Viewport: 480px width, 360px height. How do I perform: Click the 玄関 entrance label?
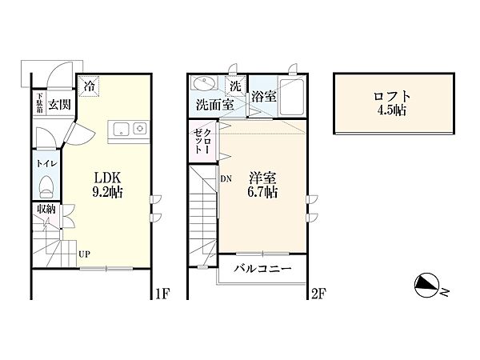click(x=59, y=105)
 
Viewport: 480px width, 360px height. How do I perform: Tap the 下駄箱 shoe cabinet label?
click(x=39, y=103)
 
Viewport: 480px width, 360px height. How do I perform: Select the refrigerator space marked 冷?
click(x=89, y=86)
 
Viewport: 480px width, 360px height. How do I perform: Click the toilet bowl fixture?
click(x=46, y=186)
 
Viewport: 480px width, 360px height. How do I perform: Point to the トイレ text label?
click(x=46, y=163)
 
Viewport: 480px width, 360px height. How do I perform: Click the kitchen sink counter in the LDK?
click(x=129, y=132)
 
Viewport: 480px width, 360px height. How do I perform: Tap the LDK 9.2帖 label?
click(x=107, y=185)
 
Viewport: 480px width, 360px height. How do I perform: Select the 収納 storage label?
click(x=46, y=209)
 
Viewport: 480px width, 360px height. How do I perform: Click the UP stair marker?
click(x=85, y=254)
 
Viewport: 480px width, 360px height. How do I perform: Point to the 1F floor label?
click(x=162, y=294)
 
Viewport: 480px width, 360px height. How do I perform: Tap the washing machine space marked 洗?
click(x=235, y=86)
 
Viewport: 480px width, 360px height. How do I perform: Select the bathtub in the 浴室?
click(x=291, y=96)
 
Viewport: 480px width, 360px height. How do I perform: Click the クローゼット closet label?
click(x=202, y=141)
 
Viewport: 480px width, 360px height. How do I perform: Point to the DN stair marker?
click(x=226, y=178)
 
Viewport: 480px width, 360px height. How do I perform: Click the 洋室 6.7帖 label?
click(x=262, y=185)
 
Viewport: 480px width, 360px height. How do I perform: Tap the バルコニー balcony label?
click(x=262, y=269)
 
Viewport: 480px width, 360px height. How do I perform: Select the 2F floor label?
click(x=318, y=294)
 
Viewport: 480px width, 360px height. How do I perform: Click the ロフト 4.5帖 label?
click(x=392, y=103)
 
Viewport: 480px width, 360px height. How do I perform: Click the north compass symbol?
click(x=427, y=285)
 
